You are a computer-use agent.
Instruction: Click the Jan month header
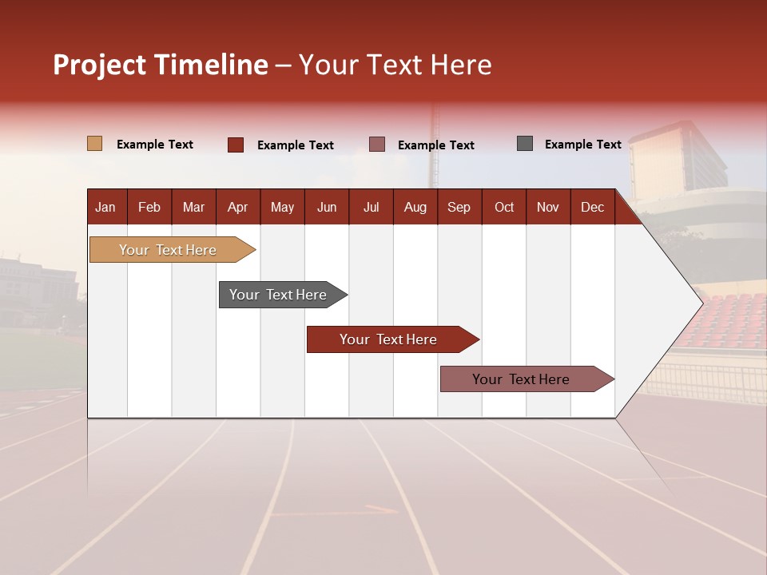(x=105, y=207)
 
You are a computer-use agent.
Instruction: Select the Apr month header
(x=237, y=207)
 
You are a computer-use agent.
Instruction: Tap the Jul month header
(x=371, y=207)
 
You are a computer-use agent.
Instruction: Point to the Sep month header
(x=459, y=207)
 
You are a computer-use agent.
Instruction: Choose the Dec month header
(x=592, y=207)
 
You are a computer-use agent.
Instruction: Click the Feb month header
(x=149, y=207)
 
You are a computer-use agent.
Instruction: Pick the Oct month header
(x=504, y=207)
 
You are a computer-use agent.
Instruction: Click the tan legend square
(x=94, y=144)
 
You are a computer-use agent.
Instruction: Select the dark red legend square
(x=235, y=145)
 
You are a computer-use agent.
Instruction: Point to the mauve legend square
(x=377, y=145)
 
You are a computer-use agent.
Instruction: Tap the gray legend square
(x=525, y=144)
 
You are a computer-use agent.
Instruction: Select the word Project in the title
(x=99, y=65)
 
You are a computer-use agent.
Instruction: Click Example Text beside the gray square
(x=582, y=145)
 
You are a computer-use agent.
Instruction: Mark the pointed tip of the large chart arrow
(x=701, y=303)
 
